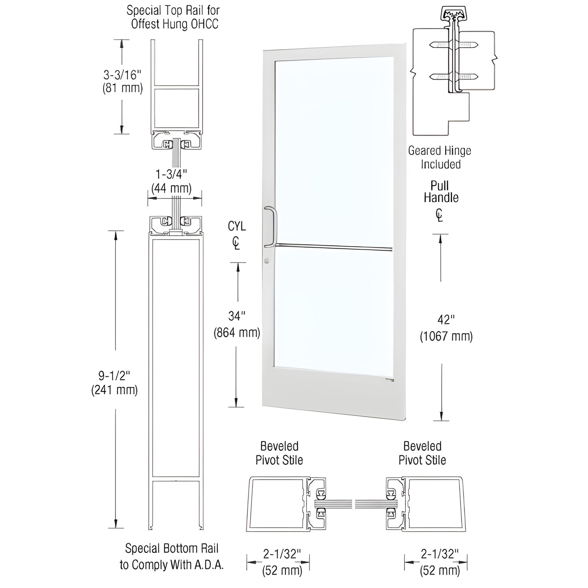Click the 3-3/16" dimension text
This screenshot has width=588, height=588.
[x=122, y=75]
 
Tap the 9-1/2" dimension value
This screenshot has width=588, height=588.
[x=114, y=375]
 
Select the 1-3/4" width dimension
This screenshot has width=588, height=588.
[x=171, y=174]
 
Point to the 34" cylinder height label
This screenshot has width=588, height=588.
[x=236, y=316]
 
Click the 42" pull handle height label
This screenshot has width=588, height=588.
[x=446, y=320]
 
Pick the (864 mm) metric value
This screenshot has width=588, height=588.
[x=236, y=333]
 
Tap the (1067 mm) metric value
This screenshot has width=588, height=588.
[x=446, y=337]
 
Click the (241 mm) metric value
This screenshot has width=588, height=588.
[x=114, y=390]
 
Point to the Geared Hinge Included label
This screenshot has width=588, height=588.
[x=440, y=157]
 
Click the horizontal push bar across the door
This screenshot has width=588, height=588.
[x=334, y=247]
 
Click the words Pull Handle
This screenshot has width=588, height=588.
[x=441, y=192]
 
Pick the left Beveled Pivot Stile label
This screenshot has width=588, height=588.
[x=279, y=453]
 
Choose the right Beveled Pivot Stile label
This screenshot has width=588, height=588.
[x=422, y=453]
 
